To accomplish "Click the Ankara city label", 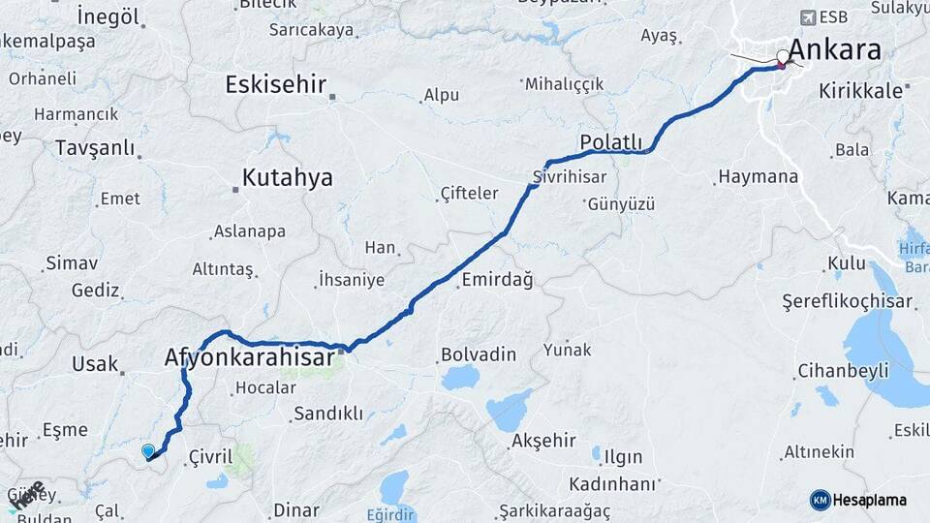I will (x=834, y=49).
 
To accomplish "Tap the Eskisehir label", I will (x=275, y=84).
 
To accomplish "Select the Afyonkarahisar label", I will (x=250, y=357).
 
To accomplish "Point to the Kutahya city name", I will (x=287, y=177).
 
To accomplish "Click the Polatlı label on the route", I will (x=610, y=143).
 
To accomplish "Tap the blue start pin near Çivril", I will (x=147, y=451).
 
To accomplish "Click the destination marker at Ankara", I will (x=783, y=59).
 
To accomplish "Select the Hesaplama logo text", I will (x=869, y=501).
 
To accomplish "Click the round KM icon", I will (x=820, y=500).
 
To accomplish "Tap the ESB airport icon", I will (x=808, y=17).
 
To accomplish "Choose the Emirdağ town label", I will (x=497, y=280).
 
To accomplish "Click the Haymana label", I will (x=759, y=177).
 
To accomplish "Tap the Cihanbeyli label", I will (x=843, y=371).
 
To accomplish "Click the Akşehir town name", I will (x=543, y=441).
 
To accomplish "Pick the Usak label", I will (x=94, y=364).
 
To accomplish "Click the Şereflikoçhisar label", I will (x=848, y=302).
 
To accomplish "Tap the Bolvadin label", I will (x=478, y=354).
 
